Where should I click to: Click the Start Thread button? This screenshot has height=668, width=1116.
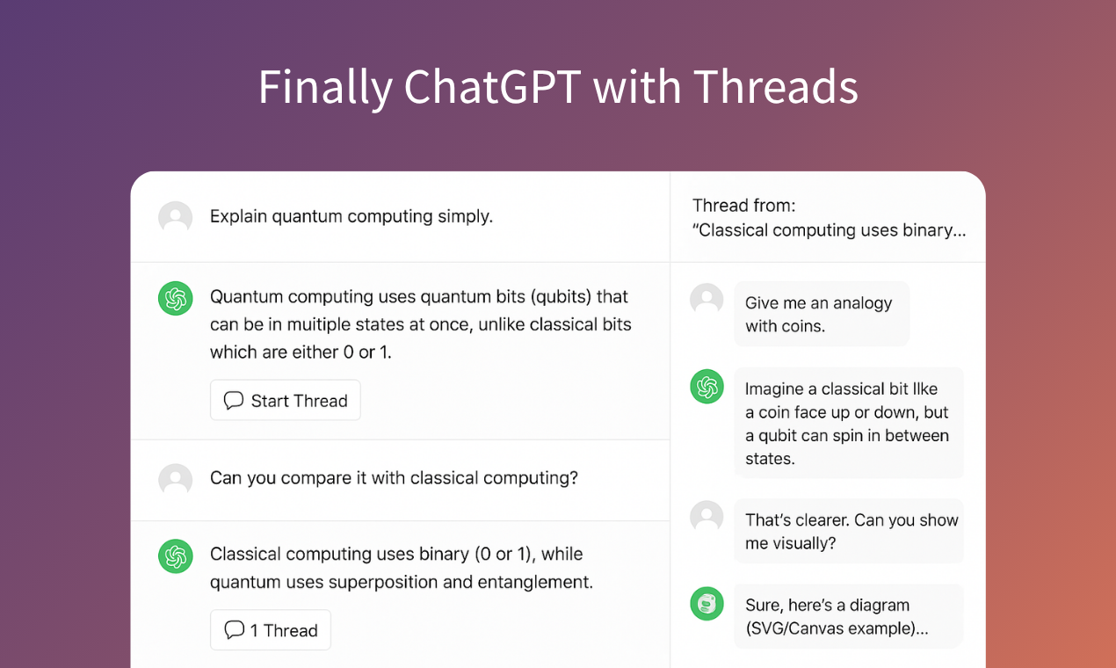point(286,401)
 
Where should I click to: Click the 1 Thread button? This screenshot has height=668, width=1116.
point(271,630)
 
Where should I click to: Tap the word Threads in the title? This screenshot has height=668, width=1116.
point(775,88)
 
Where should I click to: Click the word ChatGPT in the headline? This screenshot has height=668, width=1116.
point(492,88)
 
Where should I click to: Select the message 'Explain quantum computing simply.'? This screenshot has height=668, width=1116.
point(351,216)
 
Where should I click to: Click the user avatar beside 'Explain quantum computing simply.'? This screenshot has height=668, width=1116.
point(176,217)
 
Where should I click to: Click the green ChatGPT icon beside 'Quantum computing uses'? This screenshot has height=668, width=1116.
point(176,299)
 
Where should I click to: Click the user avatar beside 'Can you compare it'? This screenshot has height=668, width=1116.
point(176,479)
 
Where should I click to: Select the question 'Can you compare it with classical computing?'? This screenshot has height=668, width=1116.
point(394,478)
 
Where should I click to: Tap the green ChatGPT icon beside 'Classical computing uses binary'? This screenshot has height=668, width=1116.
point(176,555)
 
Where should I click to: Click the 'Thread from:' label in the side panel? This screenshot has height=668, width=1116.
point(743,206)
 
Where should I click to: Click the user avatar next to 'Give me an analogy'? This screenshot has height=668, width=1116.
point(707,300)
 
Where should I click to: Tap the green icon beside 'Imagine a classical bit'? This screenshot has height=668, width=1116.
point(707,387)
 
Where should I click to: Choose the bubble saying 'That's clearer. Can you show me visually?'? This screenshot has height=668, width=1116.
point(850,531)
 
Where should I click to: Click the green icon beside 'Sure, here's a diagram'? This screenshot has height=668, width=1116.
point(707,604)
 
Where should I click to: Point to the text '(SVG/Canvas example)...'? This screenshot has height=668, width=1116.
point(837,628)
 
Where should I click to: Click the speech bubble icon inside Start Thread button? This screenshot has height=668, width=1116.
point(234,401)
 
